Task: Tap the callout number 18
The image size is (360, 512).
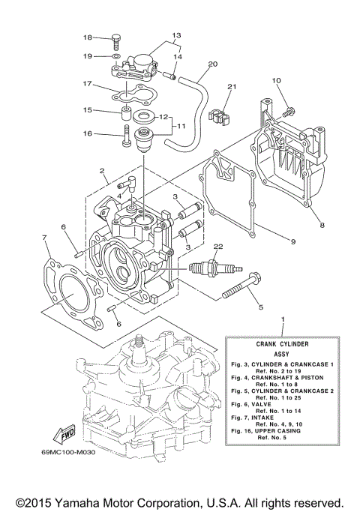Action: point(87,37)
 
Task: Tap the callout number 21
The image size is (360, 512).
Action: point(232,87)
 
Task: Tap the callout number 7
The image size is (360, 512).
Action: point(44,238)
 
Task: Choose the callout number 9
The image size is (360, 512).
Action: point(292,241)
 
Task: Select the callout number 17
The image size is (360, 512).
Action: point(87,83)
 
